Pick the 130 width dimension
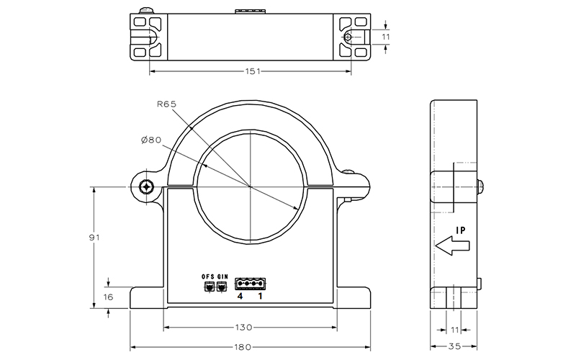pos(244,327)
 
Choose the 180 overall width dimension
pos(244,348)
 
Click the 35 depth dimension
pos(456,348)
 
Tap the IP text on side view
pos(462,231)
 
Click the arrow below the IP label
pos(453,246)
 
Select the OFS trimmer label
pos(208,276)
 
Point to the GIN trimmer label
pos(222,276)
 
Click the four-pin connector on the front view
pos(249,283)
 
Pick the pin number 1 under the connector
pos(260,296)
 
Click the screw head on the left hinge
pos(146,187)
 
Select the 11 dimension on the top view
pos(386,36)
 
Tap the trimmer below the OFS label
pos(209,287)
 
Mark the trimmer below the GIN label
pos(222,287)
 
